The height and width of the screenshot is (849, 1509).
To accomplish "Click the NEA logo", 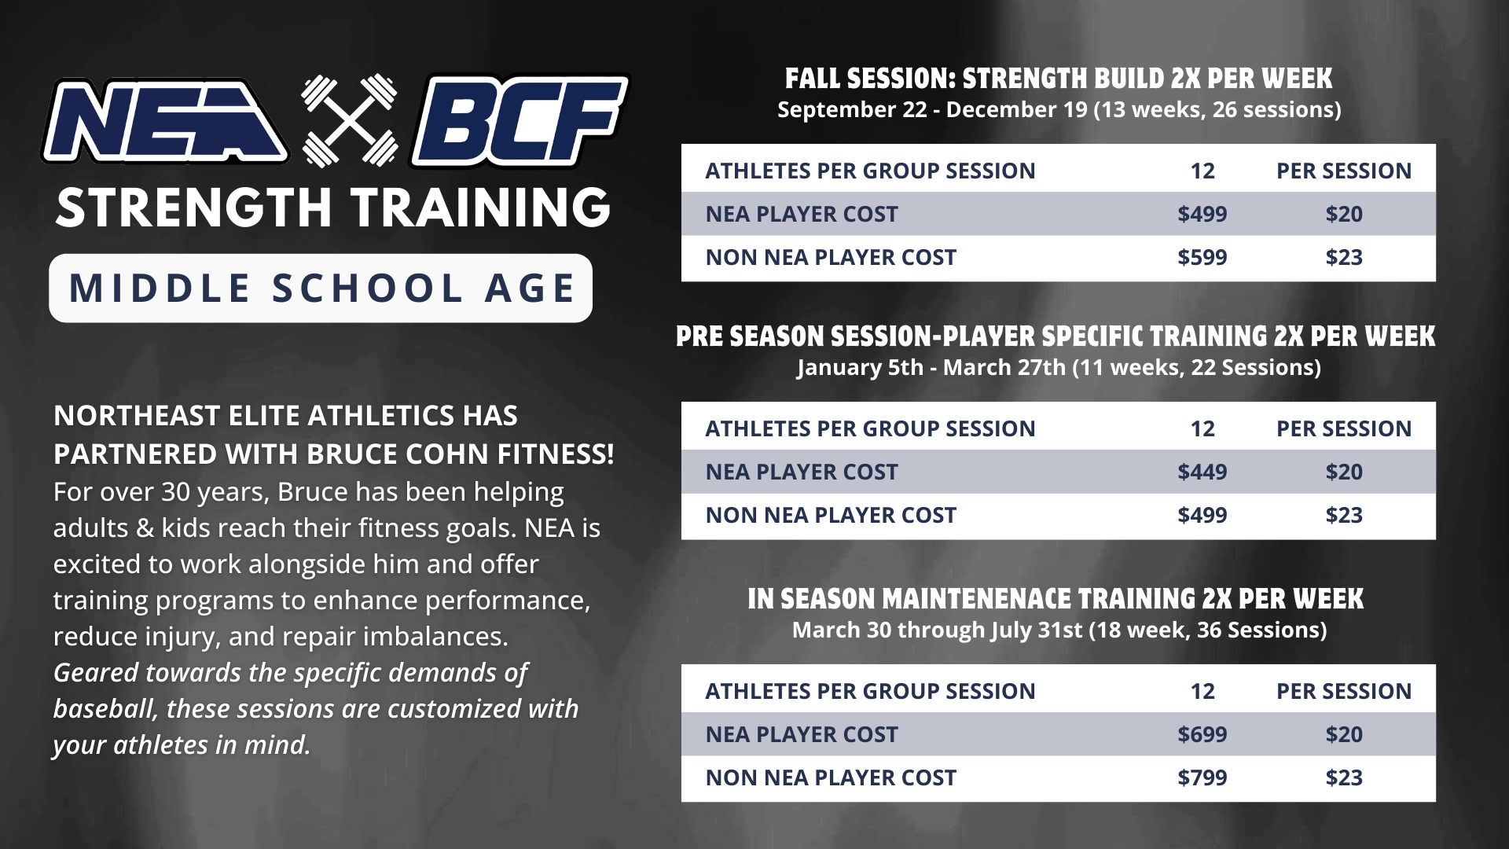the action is point(165,120).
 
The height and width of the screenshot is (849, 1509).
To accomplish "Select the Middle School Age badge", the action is point(321,288).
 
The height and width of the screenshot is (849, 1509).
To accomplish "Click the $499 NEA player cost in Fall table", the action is point(1202,214).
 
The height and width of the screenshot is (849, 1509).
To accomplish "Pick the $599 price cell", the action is point(1202,257).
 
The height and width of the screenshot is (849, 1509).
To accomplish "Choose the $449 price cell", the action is point(1202,472).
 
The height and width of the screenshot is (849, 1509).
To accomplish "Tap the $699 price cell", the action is point(1202,734).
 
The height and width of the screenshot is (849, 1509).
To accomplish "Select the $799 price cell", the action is point(1202,777).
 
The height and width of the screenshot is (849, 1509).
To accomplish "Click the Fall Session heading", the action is point(1059,79).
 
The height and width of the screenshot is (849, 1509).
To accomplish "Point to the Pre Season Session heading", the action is point(1056,336).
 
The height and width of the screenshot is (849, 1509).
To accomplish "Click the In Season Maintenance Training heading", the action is point(1056,599).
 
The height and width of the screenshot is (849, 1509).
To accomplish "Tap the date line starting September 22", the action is point(1059,109).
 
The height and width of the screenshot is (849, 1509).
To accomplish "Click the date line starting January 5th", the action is point(1059,367).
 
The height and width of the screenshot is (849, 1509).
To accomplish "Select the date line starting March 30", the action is point(1059,630).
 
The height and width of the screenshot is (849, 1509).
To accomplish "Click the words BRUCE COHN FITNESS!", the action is point(461,454).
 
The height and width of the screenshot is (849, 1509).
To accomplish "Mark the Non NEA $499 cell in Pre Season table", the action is point(1202,515).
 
